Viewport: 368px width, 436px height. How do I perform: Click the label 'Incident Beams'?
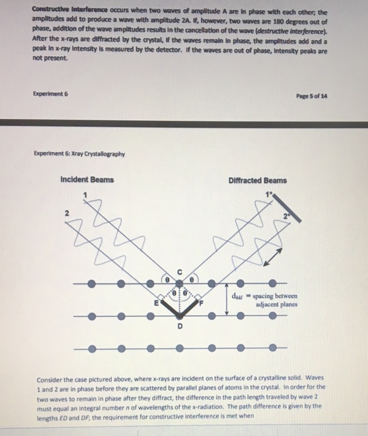87,180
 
